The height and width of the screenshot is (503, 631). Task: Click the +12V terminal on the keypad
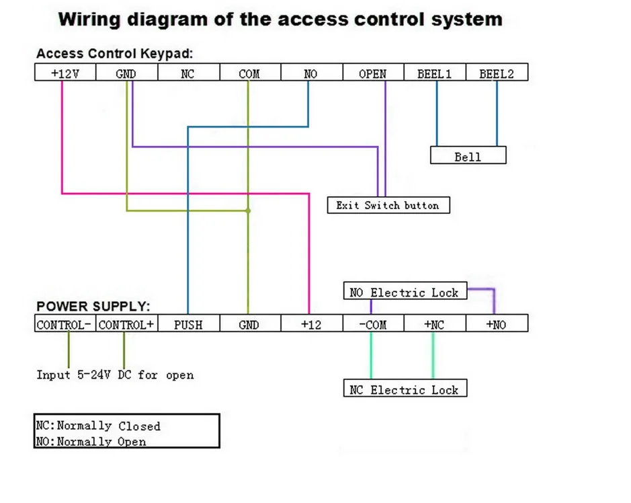(65, 72)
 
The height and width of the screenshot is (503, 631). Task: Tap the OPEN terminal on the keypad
(374, 72)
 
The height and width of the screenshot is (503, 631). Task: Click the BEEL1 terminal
(435, 72)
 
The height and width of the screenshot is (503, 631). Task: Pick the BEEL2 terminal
(497, 72)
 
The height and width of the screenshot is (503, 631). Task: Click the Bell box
(468, 155)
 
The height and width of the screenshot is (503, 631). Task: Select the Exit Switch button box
(388, 205)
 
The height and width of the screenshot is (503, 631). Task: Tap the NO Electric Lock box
(405, 291)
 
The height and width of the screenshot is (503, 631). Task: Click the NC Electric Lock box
(405, 388)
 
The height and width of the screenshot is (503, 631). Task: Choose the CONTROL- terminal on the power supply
(65, 323)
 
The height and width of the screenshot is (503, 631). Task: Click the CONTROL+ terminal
(127, 323)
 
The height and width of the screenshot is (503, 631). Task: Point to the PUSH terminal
(189, 323)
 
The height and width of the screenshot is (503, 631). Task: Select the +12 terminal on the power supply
(312, 323)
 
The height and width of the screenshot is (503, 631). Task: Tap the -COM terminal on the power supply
(374, 323)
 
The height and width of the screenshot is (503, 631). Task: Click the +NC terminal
(435, 323)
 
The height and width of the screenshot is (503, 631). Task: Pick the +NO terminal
(497, 323)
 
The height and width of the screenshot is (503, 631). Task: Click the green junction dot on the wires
(248, 210)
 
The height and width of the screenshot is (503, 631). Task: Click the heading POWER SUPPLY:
(93, 307)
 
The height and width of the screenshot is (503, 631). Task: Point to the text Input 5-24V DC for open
(115, 375)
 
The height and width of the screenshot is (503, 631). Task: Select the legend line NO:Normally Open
(91, 441)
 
